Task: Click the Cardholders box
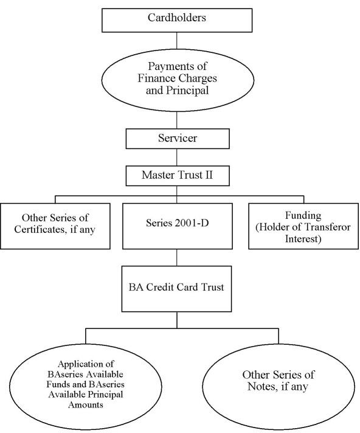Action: coord(177,20)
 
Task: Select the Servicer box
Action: coord(178,139)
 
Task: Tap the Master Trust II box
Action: coord(178,176)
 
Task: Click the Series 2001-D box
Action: coord(178,226)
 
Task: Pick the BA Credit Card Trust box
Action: coord(177,289)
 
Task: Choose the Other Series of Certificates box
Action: coord(55,226)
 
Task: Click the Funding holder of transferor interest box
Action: coord(303,226)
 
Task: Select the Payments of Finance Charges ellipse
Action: coord(178,80)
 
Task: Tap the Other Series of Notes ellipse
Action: coord(279,387)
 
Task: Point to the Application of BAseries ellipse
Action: coord(86,387)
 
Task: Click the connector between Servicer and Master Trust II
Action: coord(177,157)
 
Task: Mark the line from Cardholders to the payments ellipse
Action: coord(177,40)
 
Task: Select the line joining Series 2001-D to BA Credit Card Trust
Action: coord(177,258)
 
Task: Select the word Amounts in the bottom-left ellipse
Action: coord(86,405)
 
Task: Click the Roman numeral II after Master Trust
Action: coord(209,175)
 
